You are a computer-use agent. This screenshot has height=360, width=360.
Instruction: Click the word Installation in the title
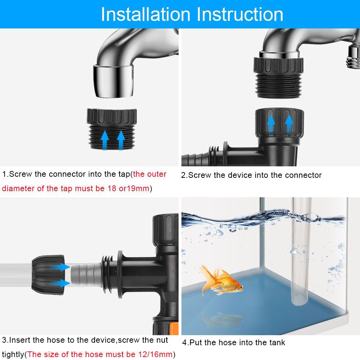[x=145, y=14]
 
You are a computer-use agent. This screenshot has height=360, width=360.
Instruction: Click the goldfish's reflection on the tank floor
[x=223, y=319]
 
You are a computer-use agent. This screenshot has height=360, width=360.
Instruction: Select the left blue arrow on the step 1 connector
[x=104, y=140]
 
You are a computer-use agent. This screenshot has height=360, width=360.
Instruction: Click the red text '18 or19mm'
[x=128, y=189]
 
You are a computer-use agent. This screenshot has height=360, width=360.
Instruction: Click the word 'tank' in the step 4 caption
[x=276, y=343]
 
